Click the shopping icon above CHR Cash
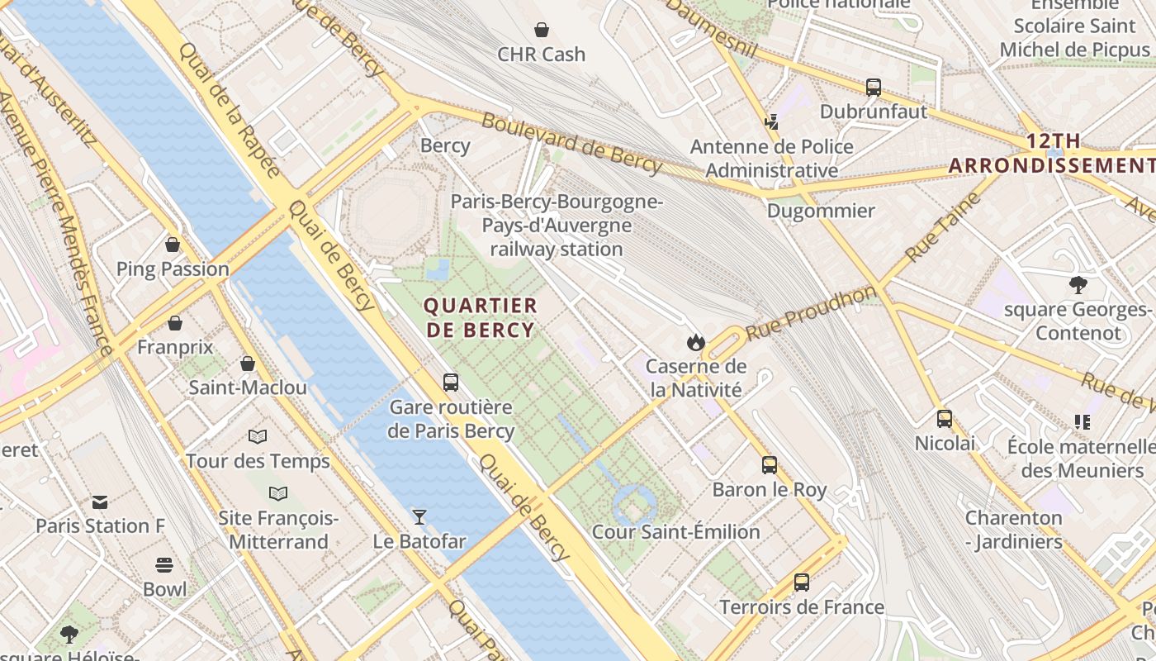(542, 31)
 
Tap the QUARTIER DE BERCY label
(480, 318)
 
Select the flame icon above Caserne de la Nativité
(695, 342)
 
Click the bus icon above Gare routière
(451, 383)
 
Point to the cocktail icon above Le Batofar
(419, 517)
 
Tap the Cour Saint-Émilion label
(675, 532)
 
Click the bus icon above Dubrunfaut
(874, 87)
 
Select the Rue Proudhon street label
(810, 313)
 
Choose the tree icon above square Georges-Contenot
(1078, 286)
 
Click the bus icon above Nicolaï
(945, 419)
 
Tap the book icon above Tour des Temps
(258, 436)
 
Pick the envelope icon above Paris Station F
(100, 502)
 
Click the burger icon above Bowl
(164, 565)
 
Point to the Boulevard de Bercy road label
(571, 145)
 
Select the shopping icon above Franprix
(175, 323)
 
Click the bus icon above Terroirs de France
(801, 583)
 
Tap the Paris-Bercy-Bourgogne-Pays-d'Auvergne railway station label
(556, 225)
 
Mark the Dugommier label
(820, 211)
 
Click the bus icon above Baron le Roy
(770, 465)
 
